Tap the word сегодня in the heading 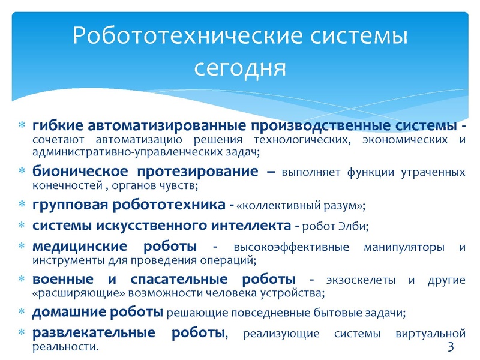click(240, 67)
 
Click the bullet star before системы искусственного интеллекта click(21, 226)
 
